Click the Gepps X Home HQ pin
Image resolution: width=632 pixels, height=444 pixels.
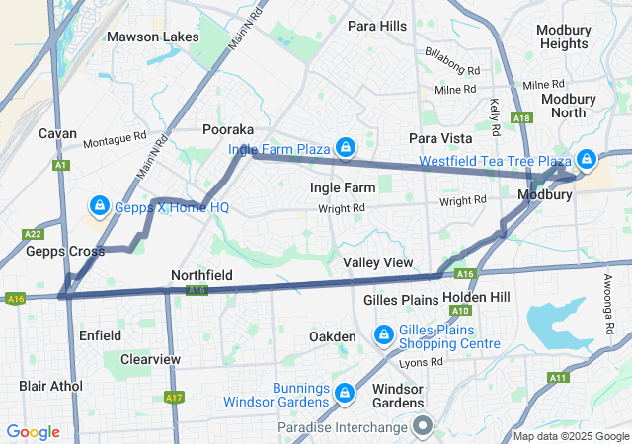[x=100, y=206]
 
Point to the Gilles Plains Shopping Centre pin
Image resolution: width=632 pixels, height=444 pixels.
[x=383, y=336]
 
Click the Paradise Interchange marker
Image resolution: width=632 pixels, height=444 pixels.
[x=423, y=426]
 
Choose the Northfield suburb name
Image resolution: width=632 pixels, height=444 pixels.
[x=201, y=274]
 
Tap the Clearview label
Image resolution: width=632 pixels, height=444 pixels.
[x=150, y=359]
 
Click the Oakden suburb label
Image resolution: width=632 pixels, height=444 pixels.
[x=333, y=336]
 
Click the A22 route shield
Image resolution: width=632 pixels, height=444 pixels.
[x=34, y=234]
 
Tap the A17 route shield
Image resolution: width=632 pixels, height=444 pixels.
[x=174, y=397]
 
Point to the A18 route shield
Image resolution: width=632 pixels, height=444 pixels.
[x=522, y=118]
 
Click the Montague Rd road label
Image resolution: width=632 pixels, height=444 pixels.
[x=114, y=141]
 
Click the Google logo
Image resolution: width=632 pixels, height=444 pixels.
[x=34, y=432]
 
